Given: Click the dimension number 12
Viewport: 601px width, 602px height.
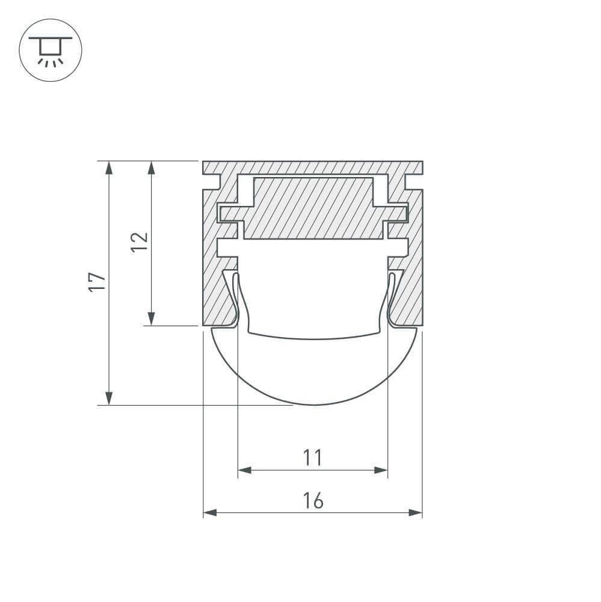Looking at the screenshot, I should click(140, 243).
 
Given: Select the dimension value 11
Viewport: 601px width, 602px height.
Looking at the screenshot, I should click(312, 458).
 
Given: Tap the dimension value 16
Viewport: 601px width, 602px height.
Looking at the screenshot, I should click(312, 501).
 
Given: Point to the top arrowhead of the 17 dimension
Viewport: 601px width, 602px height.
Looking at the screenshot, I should click(108, 168).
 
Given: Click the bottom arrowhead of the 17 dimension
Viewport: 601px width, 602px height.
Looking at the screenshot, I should click(108, 397).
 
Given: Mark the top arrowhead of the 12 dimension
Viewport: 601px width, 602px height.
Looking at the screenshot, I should click(152, 168).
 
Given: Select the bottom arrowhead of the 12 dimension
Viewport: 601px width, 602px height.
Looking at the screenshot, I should click(152, 318).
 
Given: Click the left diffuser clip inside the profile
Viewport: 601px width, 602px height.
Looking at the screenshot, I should click(236, 298).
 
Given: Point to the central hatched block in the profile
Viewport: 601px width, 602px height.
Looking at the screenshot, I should click(313, 208).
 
